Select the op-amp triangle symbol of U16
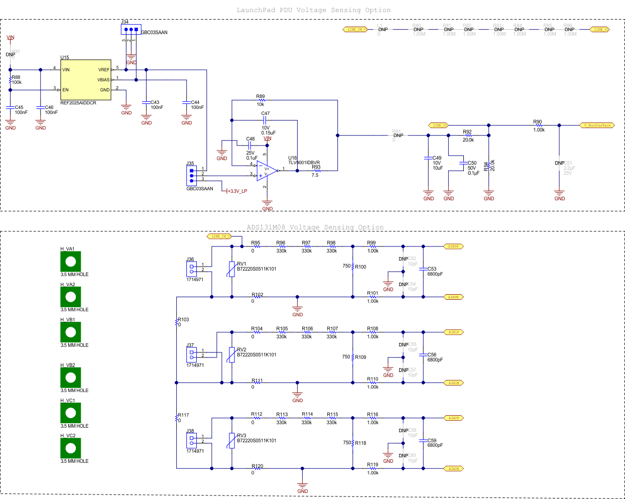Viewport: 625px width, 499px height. [x=267, y=171]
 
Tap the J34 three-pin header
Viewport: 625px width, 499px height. [x=131, y=30]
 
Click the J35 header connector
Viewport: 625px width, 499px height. [x=191, y=175]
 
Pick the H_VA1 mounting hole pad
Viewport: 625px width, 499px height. [x=71, y=262]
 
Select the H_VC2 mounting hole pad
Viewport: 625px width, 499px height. [x=71, y=448]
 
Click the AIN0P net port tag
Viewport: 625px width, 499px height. [x=453, y=246]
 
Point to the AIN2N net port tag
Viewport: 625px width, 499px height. [x=453, y=468]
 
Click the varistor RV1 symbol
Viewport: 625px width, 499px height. [x=231, y=269]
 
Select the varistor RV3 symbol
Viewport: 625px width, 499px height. [x=231, y=441]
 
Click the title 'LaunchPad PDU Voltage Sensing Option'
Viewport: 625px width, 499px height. [x=313, y=10]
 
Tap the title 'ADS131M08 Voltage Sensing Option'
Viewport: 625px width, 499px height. [x=315, y=227]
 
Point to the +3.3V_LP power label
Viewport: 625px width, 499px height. [x=237, y=191]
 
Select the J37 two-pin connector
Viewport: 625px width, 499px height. [x=191, y=355]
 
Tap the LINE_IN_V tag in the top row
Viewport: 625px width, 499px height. [x=355, y=30]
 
